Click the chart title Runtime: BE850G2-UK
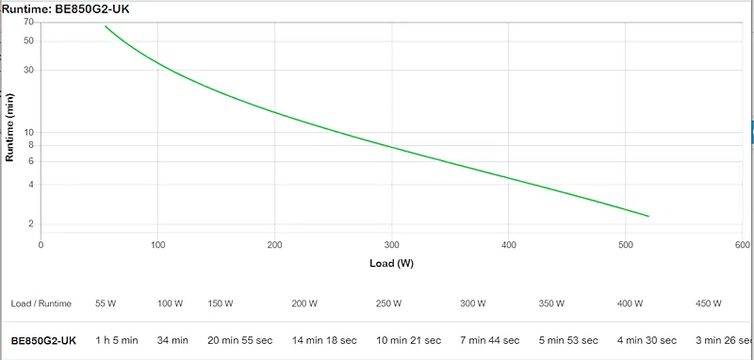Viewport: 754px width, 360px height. pyautogui.click(x=65, y=9)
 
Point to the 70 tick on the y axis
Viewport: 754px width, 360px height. pyautogui.click(x=28, y=22)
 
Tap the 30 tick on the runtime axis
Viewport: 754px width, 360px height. pyautogui.click(x=28, y=70)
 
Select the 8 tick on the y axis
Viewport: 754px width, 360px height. pyautogui.click(x=31, y=145)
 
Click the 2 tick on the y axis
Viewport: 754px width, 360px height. pyautogui.click(x=31, y=224)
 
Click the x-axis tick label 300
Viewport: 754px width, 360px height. pyautogui.click(x=391, y=245)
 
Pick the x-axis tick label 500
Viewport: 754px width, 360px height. pyautogui.click(x=625, y=245)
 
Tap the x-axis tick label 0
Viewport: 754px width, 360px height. pyautogui.click(x=41, y=245)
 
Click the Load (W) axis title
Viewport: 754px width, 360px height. pyautogui.click(x=391, y=263)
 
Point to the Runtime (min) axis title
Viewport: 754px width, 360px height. pyautogui.click(x=9, y=127)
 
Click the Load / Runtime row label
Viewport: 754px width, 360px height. pyautogui.click(x=41, y=303)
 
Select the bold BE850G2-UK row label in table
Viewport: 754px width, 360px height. pyautogui.click(x=43, y=341)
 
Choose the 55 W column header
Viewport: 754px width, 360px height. pyautogui.click(x=106, y=303)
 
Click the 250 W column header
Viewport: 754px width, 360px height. pyautogui.click(x=389, y=303)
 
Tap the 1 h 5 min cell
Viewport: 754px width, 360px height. pyautogui.click(x=116, y=340)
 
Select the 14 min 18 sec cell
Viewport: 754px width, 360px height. pyautogui.click(x=324, y=340)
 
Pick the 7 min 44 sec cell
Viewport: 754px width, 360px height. pyautogui.click(x=490, y=340)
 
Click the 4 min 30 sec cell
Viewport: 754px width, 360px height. pyautogui.click(x=647, y=340)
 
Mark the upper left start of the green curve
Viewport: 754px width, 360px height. pyautogui.click(x=106, y=26)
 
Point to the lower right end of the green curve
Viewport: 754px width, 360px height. pyautogui.click(x=648, y=217)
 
